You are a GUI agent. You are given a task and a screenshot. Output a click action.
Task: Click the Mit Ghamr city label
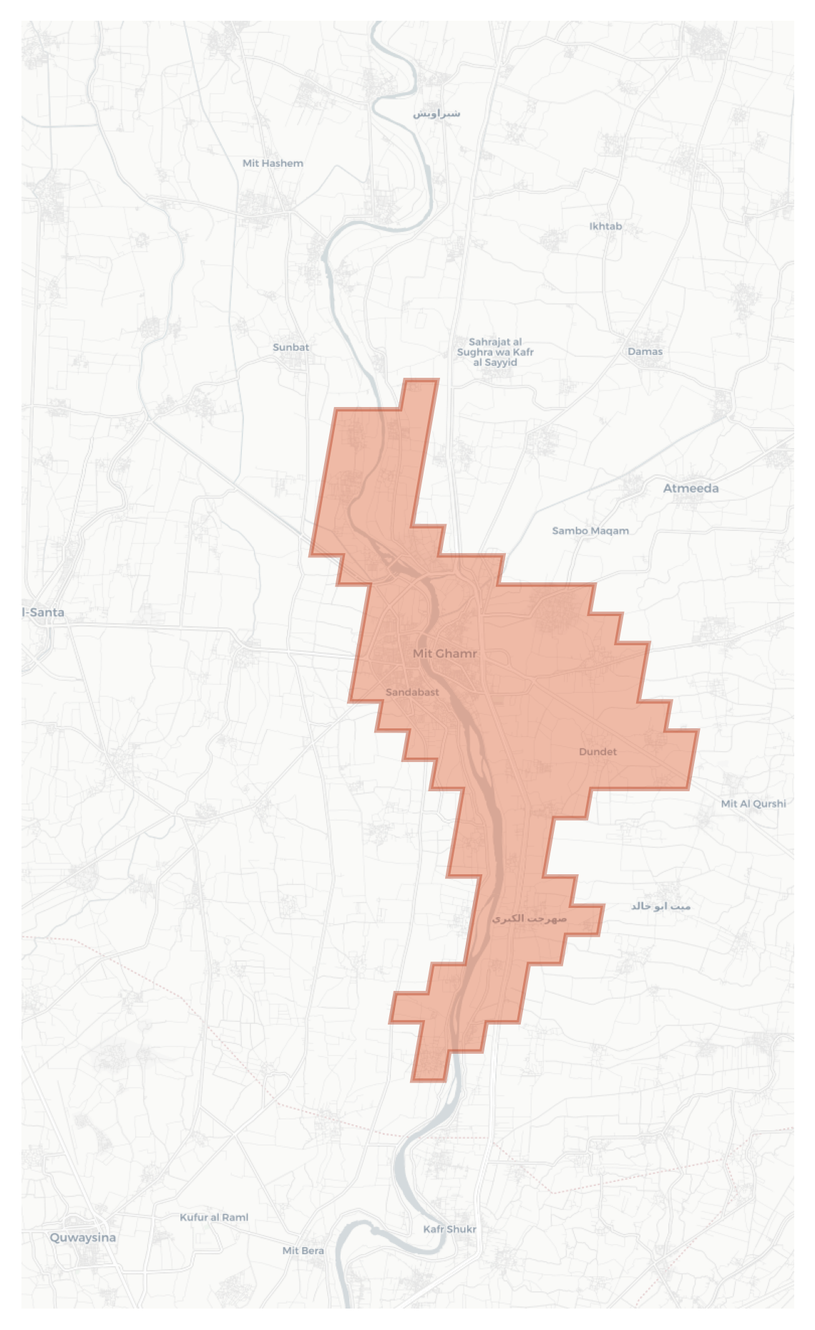tap(444, 653)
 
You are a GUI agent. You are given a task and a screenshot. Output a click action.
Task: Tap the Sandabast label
tap(412, 692)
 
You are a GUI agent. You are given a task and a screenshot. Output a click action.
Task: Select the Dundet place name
tap(597, 751)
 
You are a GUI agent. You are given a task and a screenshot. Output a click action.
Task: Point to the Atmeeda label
tap(690, 488)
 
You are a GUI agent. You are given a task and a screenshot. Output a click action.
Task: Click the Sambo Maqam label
tap(590, 530)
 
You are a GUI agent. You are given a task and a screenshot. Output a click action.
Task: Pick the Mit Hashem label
tap(273, 163)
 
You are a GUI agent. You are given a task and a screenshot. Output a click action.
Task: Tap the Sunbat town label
tap(291, 347)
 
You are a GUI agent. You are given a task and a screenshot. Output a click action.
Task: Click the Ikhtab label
tap(605, 226)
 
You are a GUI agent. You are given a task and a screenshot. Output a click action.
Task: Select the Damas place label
tap(645, 351)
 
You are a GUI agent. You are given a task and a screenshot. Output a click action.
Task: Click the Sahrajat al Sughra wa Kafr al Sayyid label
tap(495, 352)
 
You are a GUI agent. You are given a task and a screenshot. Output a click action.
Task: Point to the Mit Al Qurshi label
tap(753, 803)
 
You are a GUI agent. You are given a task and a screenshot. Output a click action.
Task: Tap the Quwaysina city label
tap(82, 1237)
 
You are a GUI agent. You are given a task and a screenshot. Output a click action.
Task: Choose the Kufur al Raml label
tap(214, 1217)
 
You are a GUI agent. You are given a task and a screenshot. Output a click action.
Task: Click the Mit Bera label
tap(303, 1251)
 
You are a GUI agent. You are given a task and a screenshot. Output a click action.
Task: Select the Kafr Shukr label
tap(449, 1229)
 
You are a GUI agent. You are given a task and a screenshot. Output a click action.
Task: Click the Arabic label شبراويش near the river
tap(436, 113)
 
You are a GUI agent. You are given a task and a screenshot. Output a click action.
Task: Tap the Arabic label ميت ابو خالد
tap(660, 906)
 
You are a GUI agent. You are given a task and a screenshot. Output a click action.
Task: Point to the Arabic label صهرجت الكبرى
tap(529, 918)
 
